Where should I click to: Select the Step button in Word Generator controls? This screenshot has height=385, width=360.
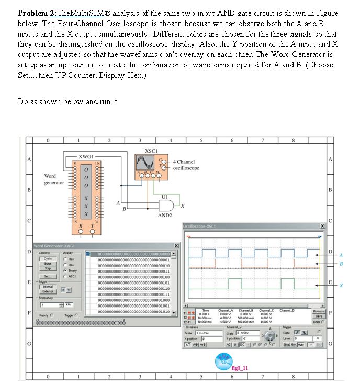[47, 268]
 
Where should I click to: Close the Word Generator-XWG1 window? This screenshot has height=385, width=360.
[176, 246]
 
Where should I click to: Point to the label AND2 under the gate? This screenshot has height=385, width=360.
[165, 216]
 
